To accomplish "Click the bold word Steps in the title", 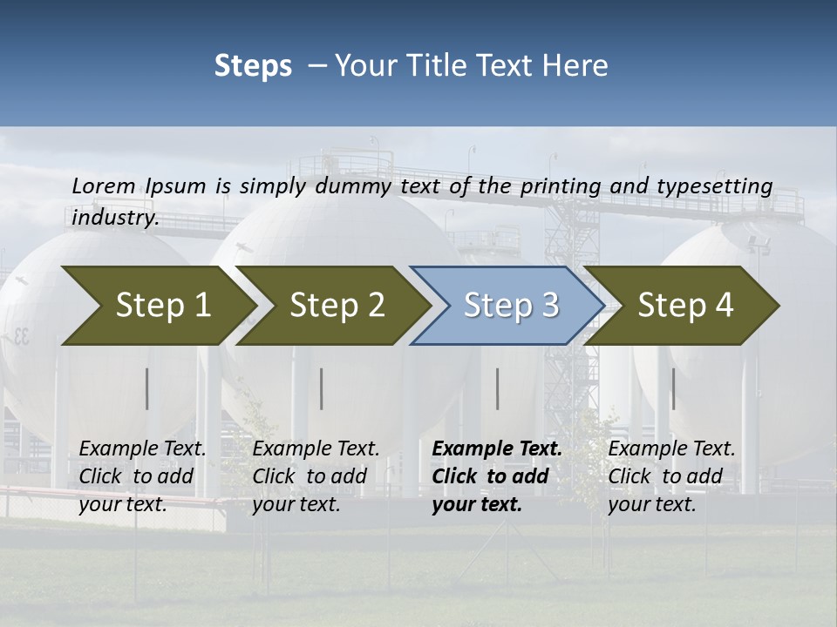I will (253, 66).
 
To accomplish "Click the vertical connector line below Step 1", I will (147, 388).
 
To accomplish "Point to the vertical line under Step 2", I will (322, 388).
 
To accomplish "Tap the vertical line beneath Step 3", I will (497, 388).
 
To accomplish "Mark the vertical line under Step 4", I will (672, 388).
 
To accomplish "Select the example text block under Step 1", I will (142, 476).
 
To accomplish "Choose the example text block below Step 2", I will (316, 476).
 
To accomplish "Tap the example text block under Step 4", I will (671, 476).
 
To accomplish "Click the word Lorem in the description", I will (104, 185).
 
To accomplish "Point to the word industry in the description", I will (115, 217).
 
